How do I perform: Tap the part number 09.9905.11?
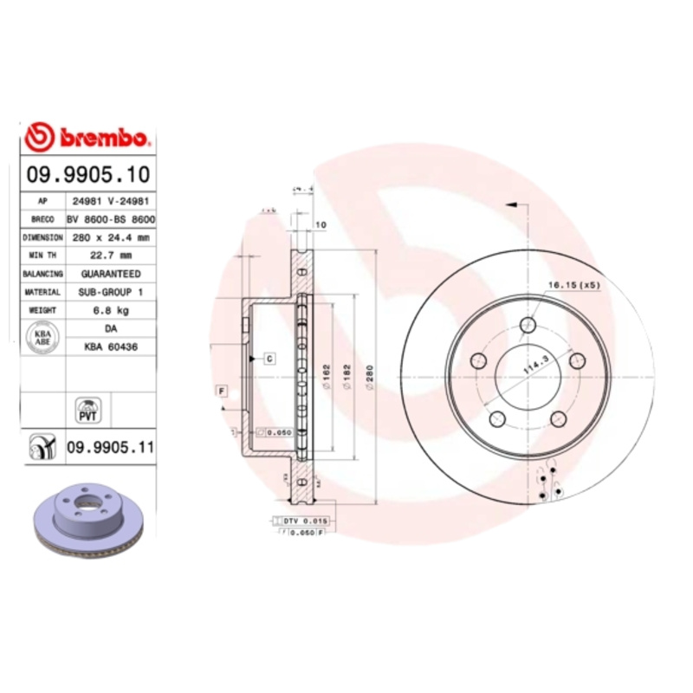pyautogui.click(x=110, y=448)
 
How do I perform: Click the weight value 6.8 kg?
pyautogui.click(x=111, y=309)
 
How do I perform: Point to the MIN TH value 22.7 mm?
pyautogui.click(x=111, y=255)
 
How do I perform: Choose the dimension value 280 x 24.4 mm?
pyautogui.click(x=110, y=236)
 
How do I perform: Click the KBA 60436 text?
pyautogui.click(x=111, y=346)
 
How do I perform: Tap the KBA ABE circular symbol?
pyautogui.click(x=42, y=336)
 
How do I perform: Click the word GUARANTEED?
pyautogui.click(x=111, y=273)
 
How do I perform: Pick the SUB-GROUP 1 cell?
pyautogui.click(x=111, y=292)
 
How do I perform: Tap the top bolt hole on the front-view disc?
pyautogui.click(x=528, y=325)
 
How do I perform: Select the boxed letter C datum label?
pyautogui.click(x=269, y=358)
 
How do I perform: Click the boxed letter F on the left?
pyautogui.click(x=223, y=392)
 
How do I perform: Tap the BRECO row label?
pyautogui.click(x=42, y=218)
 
